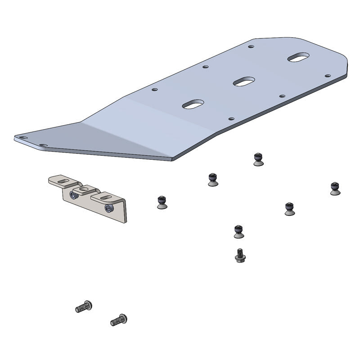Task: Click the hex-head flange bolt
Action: click(x=240, y=256)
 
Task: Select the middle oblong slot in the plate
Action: click(x=244, y=81)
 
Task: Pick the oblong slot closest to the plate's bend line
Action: click(x=193, y=104)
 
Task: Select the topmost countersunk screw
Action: click(x=258, y=159)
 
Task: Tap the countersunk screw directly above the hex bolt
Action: click(x=238, y=231)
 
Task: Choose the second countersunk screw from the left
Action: click(x=213, y=179)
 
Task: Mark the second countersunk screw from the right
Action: click(x=289, y=209)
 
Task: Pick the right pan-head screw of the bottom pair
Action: click(x=119, y=320)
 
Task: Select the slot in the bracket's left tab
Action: click(x=64, y=181)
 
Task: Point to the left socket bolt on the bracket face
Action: click(x=73, y=195)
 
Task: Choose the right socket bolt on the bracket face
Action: click(x=108, y=207)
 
